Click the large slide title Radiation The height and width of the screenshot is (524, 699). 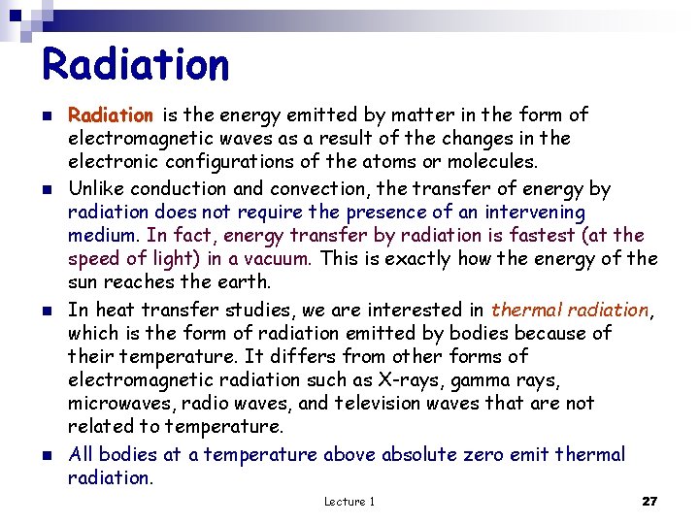point(136,65)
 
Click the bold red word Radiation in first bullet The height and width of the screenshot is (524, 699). point(110,115)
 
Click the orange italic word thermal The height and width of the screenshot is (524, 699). point(523,311)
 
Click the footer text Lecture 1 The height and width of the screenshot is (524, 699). point(349,502)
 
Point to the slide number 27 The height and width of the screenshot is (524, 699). point(649,502)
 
